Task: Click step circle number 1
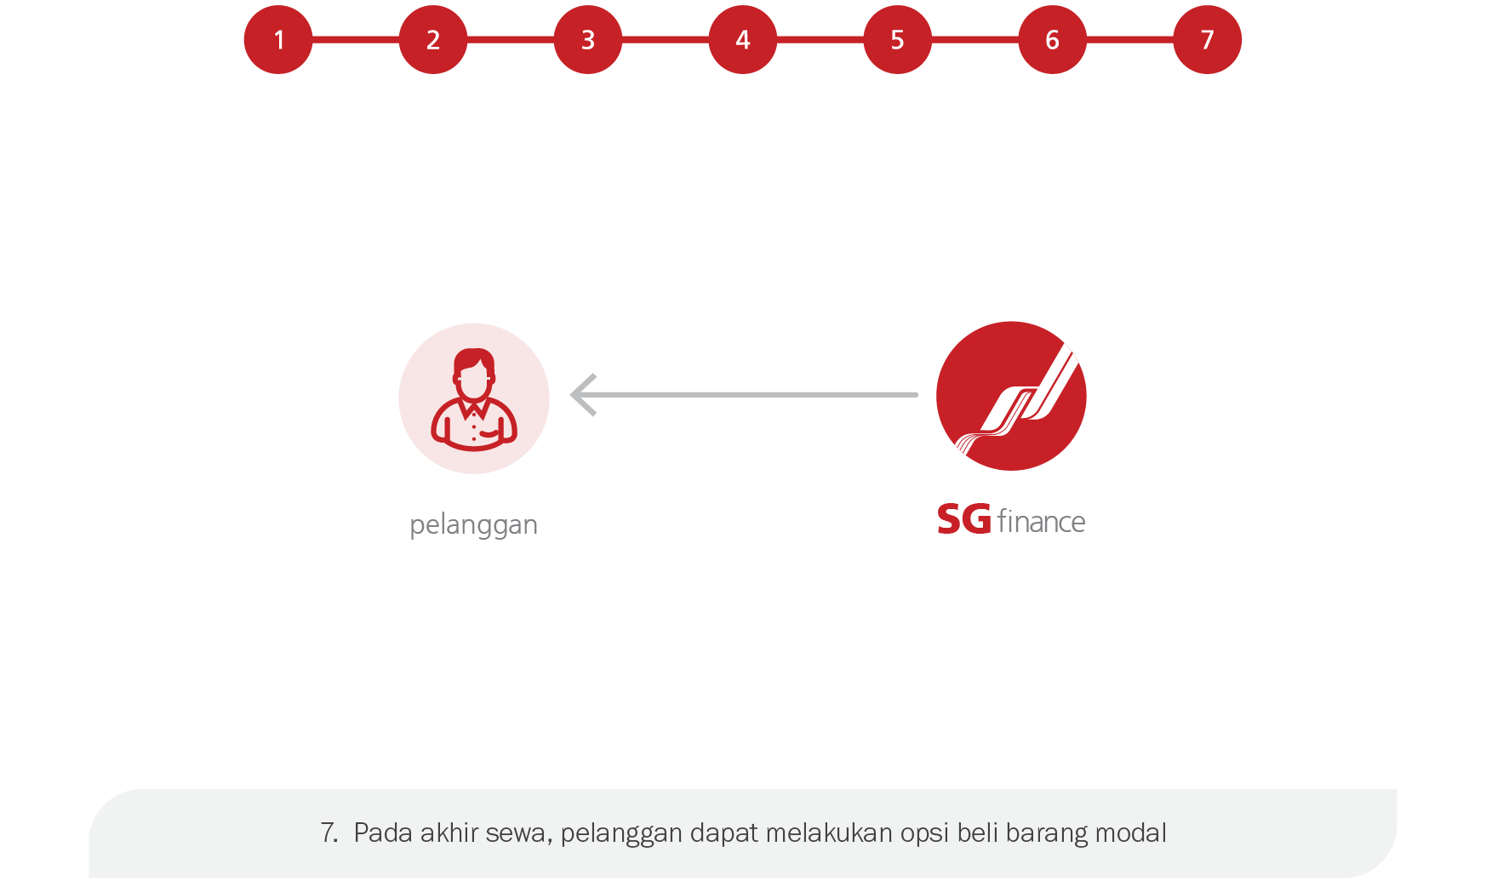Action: [278, 39]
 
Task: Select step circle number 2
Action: [433, 39]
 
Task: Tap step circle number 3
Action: [588, 39]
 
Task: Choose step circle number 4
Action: [743, 39]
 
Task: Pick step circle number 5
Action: [898, 39]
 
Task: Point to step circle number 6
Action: [1053, 39]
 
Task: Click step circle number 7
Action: [1208, 39]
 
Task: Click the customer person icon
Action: [474, 398]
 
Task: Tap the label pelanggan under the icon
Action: [473, 524]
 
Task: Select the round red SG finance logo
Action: [1011, 396]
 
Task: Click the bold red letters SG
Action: [963, 519]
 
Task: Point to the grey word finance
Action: [1041, 521]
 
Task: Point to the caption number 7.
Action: [329, 833]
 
